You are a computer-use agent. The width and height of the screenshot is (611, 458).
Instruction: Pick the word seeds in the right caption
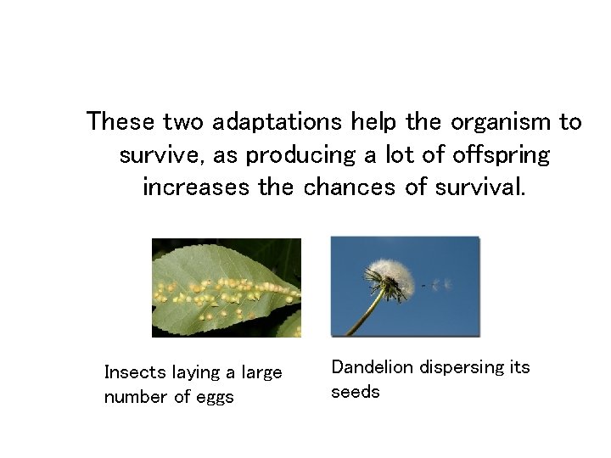coord(355,392)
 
